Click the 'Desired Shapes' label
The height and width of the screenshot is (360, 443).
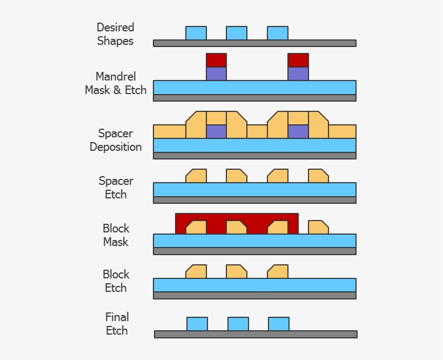click(116, 34)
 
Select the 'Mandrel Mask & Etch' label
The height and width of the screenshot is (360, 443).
click(116, 83)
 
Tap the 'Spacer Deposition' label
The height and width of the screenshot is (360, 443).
click(116, 140)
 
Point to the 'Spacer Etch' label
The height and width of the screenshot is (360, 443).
click(116, 188)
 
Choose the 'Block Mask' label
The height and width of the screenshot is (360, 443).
click(116, 235)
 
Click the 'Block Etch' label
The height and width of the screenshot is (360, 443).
click(116, 281)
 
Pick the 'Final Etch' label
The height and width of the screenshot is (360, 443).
click(117, 324)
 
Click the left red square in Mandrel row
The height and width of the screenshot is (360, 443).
click(216, 60)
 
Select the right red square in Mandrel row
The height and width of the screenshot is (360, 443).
click(298, 60)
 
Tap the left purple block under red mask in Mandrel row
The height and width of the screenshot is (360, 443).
click(216, 74)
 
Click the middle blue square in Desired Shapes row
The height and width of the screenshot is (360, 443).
click(237, 33)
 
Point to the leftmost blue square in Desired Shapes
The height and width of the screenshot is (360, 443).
click(196, 33)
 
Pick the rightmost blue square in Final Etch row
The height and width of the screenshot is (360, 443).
click(279, 324)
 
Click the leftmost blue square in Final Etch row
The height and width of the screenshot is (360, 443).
click(197, 324)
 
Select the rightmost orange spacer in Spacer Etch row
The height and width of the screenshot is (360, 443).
click(318, 176)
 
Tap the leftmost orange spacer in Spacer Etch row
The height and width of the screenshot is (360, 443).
click(197, 176)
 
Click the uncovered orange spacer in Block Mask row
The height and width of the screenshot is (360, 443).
click(318, 228)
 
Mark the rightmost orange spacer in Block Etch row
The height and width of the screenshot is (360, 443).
click(278, 272)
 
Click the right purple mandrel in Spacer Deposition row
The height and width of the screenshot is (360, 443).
click(298, 132)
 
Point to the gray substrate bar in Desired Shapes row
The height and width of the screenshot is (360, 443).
click(254, 43)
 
